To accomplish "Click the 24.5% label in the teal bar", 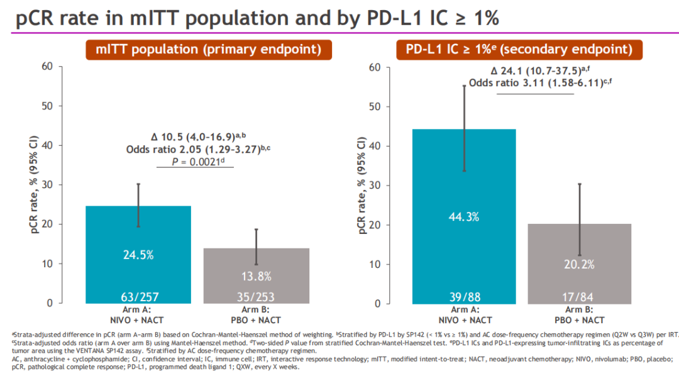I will pyautogui.click(x=138, y=255).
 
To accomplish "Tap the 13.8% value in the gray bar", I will pyautogui.click(x=256, y=275).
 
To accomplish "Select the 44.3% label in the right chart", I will pyautogui.click(x=464, y=216).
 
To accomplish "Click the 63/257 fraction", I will pyautogui.click(x=138, y=295).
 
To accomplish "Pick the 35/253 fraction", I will pyautogui.click(x=256, y=295).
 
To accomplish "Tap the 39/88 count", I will pyautogui.click(x=464, y=295).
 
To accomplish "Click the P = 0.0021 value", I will pyautogui.click(x=196, y=162).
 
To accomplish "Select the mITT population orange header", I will pyautogui.click(x=200, y=49).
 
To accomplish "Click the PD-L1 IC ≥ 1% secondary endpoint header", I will pyautogui.click(x=519, y=49).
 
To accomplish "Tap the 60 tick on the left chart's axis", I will pyautogui.click(x=47, y=66).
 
